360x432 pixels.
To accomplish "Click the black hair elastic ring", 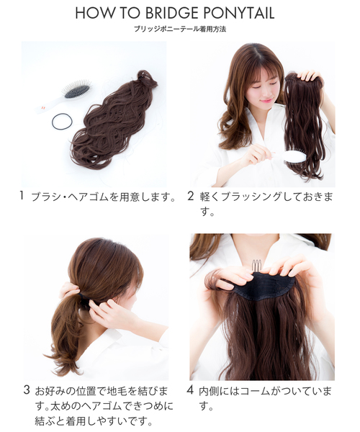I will [63, 122].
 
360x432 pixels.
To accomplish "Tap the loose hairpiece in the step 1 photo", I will [115, 122].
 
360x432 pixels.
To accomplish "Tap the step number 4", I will [190, 390].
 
